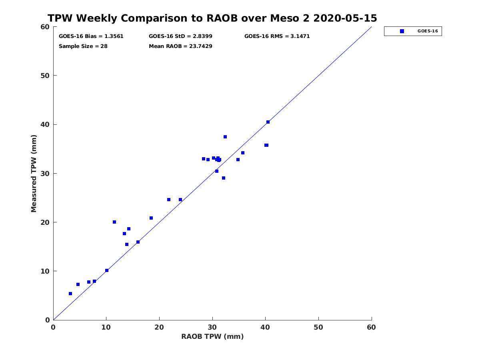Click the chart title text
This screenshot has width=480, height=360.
[x=212, y=18]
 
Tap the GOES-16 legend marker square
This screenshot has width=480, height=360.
[x=402, y=31]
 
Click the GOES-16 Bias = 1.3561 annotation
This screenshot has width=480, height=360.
[x=91, y=36]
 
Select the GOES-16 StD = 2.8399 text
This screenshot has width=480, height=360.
[x=180, y=36]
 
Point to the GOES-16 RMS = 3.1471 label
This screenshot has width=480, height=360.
[x=277, y=36]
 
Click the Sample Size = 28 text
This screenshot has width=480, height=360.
[x=83, y=46]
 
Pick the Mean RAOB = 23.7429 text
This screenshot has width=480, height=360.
[x=180, y=46]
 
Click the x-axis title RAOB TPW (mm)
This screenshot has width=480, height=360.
[x=212, y=336]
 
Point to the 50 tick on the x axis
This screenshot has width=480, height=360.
[x=318, y=328]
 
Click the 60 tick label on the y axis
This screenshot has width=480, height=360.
[x=45, y=27]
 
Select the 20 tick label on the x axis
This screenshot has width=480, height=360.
[x=159, y=328]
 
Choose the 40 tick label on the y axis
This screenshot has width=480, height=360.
[x=45, y=125]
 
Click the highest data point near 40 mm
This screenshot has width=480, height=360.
[x=268, y=122]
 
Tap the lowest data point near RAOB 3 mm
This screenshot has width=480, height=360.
[x=70, y=294]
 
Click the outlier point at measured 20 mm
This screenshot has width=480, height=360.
[x=114, y=222]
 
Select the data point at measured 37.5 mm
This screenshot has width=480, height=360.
[x=225, y=137]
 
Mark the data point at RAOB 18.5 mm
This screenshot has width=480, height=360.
[x=151, y=218]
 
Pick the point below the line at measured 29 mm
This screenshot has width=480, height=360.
[x=224, y=178]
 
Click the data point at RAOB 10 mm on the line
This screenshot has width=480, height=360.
[x=107, y=270]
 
